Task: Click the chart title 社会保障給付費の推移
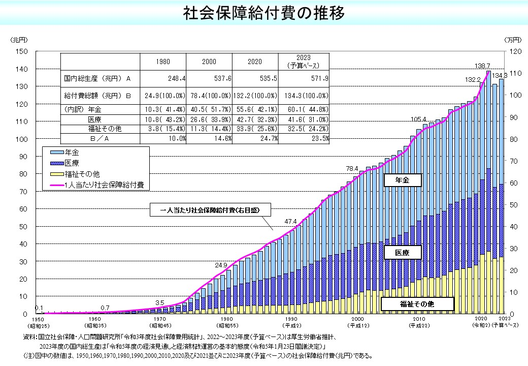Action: click(x=263, y=13)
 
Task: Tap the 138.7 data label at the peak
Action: click(x=482, y=66)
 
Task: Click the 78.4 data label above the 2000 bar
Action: click(x=352, y=168)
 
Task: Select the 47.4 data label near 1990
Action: click(x=290, y=222)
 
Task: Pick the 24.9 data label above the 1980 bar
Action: click(x=221, y=265)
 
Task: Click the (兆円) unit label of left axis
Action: click(x=21, y=40)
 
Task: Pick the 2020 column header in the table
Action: click(x=254, y=62)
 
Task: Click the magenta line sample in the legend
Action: click(x=56, y=185)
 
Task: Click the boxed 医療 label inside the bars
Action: click(x=409, y=253)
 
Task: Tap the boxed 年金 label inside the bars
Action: click(x=402, y=180)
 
